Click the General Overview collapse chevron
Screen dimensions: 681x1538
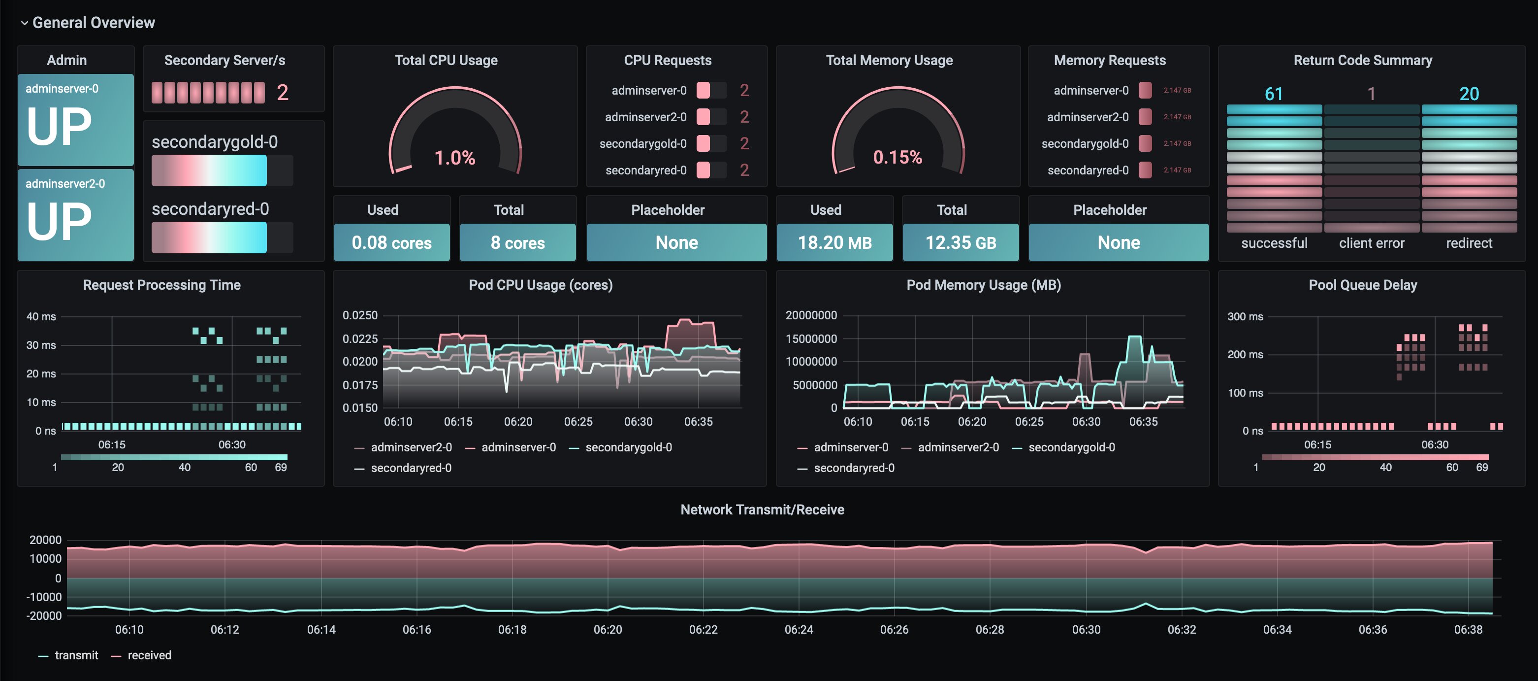click(x=25, y=23)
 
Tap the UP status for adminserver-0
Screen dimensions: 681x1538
click(x=59, y=127)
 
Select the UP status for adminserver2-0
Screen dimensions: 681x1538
click(x=59, y=222)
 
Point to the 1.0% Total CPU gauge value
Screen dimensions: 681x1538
click(x=454, y=158)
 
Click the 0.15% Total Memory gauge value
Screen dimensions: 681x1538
click(x=897, y=157)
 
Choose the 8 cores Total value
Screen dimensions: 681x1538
click(x=517, y=242)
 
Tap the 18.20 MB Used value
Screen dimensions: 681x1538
click(x=834, y=242)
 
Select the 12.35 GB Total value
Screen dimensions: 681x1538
click(x=960, y=242)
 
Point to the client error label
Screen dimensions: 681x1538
click(x=1372, y=243)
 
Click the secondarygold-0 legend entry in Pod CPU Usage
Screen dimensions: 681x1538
click(x=628, y=447)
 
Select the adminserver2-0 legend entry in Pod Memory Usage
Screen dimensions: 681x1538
click(x=958, y=447)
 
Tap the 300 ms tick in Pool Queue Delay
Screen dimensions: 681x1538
click(x=1245, y=317)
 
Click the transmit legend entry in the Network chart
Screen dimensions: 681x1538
click(x=76, y=655)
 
